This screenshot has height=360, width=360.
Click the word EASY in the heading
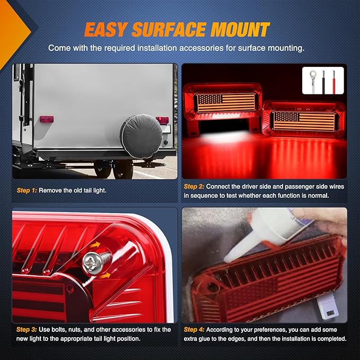(106, 29)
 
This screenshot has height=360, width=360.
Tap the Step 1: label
(27, 190)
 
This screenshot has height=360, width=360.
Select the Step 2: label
(194, 187)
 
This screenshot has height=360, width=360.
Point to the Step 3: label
(27, 330)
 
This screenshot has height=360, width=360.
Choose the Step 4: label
(194, 330)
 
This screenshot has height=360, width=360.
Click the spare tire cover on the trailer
(142, 136)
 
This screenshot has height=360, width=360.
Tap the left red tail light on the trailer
(47, 119)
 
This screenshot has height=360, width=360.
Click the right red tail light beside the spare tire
(163, 120)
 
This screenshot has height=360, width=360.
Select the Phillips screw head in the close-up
(93, 263)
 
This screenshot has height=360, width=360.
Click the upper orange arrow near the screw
(95, 245)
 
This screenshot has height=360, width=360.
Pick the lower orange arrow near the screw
(105, 276)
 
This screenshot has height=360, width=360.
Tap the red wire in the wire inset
(334, 82)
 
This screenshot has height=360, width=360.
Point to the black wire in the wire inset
(323, 82)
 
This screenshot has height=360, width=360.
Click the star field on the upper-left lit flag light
(210, 99)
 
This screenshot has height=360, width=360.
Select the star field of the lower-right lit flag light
(287, 117)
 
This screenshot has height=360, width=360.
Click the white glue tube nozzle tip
(227, 260)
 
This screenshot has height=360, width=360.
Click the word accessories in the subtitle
(201, 48)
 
